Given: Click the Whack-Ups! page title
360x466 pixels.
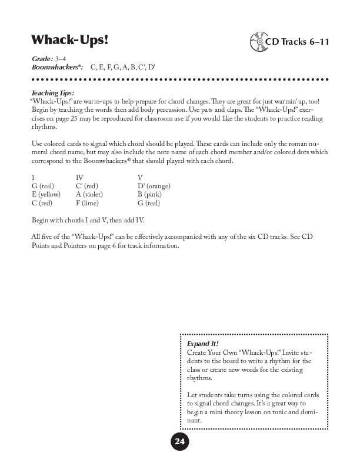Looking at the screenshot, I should (70, 40).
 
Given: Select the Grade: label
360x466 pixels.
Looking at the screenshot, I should (42, 60).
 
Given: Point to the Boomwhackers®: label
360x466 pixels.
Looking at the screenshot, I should (58, 68).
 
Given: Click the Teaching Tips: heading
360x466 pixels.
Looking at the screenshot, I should (56, 93).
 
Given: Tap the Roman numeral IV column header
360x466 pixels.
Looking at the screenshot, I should (80, 177).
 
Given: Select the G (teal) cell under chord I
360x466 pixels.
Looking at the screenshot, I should (43, 186).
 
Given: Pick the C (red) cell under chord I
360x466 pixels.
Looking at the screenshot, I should (43, 203).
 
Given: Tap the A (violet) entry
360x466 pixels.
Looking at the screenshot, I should (92, 194).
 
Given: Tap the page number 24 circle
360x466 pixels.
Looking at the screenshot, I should (179, 442).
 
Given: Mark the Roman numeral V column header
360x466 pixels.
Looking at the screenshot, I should (140, 177).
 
